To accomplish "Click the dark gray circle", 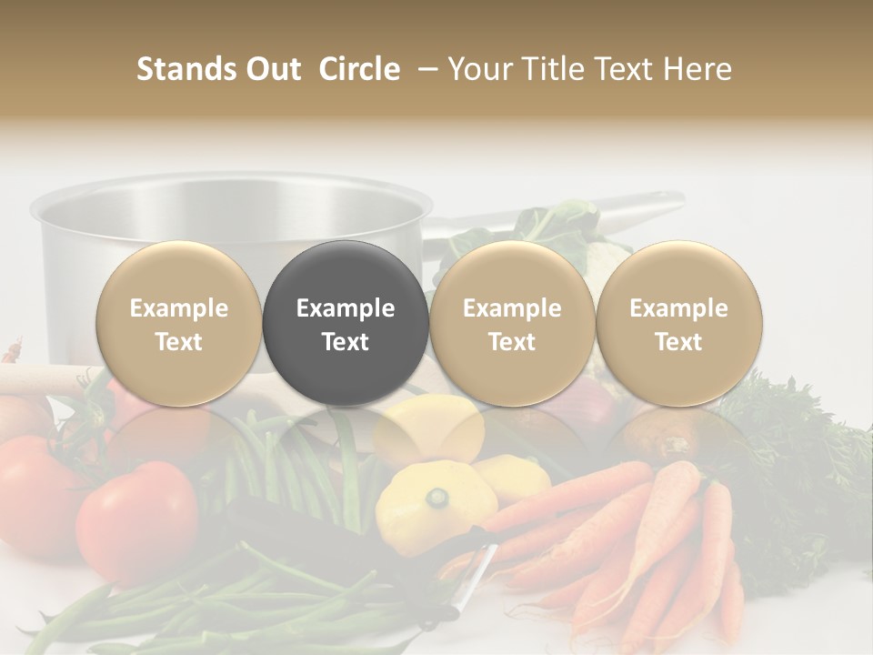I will tap(346, 323).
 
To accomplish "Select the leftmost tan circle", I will tap(179, 323).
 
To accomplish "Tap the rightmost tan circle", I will tap(678, 323).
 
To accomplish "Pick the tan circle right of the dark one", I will tap(512, 323).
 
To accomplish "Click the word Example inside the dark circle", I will tap(346, 308).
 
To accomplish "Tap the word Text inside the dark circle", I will tap(346, 342).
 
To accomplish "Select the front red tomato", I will tap(136, 519).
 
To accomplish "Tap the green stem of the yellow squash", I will tap(439, 498).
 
